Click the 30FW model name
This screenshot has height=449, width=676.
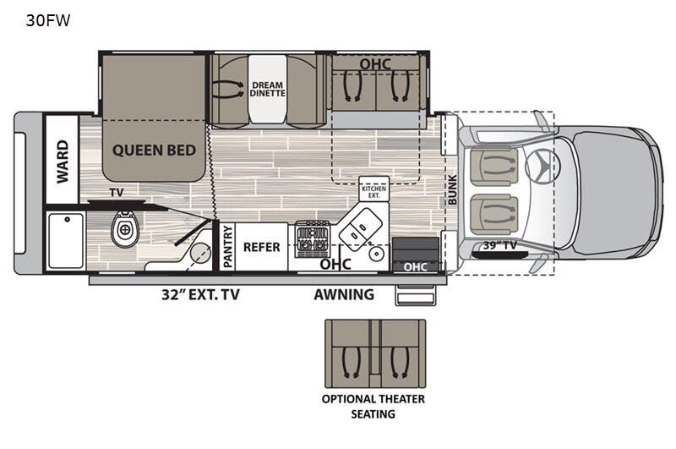point(48,20)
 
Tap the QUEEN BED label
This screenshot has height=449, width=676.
point(154,151)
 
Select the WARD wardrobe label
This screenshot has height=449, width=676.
point(63,162)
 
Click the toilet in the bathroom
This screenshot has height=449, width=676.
point(125,229)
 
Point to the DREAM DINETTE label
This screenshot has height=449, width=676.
point(267,89)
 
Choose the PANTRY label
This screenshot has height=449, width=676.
point(227,246)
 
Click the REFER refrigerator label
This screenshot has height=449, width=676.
point(261,247)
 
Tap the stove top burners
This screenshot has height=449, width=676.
point(312,238)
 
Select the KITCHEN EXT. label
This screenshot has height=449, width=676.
point(373,192)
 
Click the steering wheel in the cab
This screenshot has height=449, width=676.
point(542,164)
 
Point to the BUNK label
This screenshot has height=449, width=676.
point(452,189)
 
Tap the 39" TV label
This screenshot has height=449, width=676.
point(499,245)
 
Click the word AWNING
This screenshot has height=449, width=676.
point(344,294)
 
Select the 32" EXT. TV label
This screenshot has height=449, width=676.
point(200,294)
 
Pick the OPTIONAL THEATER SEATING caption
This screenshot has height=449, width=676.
point(373,407)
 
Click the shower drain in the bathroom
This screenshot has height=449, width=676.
point(68,220)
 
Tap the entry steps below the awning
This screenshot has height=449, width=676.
point(416,295)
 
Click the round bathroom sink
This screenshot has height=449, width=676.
point(199,252)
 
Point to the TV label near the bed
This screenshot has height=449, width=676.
point(117,192)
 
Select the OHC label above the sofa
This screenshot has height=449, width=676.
point(375,64)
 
